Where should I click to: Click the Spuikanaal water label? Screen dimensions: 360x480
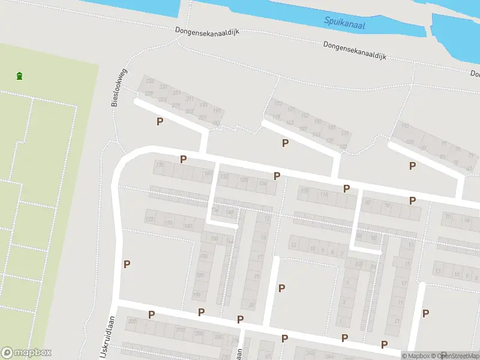point(344,23)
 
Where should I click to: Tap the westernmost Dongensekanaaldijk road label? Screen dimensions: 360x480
point(203,30)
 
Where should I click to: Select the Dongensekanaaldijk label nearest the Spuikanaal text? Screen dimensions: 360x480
point(353,49)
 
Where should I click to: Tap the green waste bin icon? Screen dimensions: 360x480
point(20,76)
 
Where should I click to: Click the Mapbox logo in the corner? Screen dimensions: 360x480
point(26,353)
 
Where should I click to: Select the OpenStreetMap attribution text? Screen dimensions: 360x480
point(456,356)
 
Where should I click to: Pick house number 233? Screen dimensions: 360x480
point(149,81)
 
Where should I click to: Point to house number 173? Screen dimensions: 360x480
point(277,116)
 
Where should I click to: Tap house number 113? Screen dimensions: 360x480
point(405,126)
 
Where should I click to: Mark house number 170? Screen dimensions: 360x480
point(159,164)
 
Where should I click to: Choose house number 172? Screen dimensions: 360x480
point(149,221)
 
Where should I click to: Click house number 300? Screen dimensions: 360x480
point(132,322)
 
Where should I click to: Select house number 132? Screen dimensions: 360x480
point(225,176)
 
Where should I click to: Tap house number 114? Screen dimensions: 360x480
point(324,194)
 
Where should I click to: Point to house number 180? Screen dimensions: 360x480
point(188,226)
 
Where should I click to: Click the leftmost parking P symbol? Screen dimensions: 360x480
point(127,263)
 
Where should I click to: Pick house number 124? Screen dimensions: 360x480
point(262,184)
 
